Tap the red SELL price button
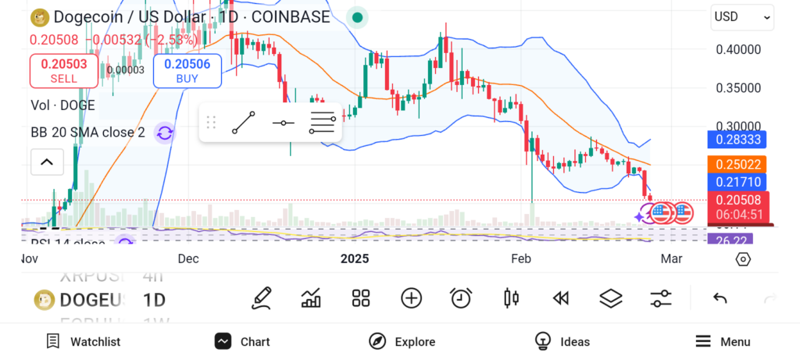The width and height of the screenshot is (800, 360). [x=64, y=71]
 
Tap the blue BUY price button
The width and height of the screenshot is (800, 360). [x=187, y=71]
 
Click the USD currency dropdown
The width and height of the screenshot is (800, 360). [x=743, y=16]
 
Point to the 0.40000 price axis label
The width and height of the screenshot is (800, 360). [x=738, y=49]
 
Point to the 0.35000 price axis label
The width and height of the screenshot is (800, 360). [x=738, y=87]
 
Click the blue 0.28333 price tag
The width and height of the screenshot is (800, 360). [x=737, y=140]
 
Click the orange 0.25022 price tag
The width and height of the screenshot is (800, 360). [x=737, y=165]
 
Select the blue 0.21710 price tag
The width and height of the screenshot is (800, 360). [x=737, y=181]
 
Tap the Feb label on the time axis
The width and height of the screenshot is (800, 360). [x=520, y=258]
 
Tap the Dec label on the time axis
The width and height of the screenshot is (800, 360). [x=188, y=258]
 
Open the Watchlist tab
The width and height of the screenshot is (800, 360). [x=84, y=341]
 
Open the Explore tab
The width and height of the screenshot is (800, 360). [x=402, y=341]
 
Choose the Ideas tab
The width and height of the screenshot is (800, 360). [x=562, y=341]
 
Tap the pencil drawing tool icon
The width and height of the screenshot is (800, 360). [x=262, y=298]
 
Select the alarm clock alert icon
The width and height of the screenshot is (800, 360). [x=461, y=298]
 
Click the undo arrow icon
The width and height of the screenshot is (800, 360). [x=720, y=298]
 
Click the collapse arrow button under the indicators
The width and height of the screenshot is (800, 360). [x=47, y=162]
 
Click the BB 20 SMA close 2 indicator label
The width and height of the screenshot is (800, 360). [x=87, y=133]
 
